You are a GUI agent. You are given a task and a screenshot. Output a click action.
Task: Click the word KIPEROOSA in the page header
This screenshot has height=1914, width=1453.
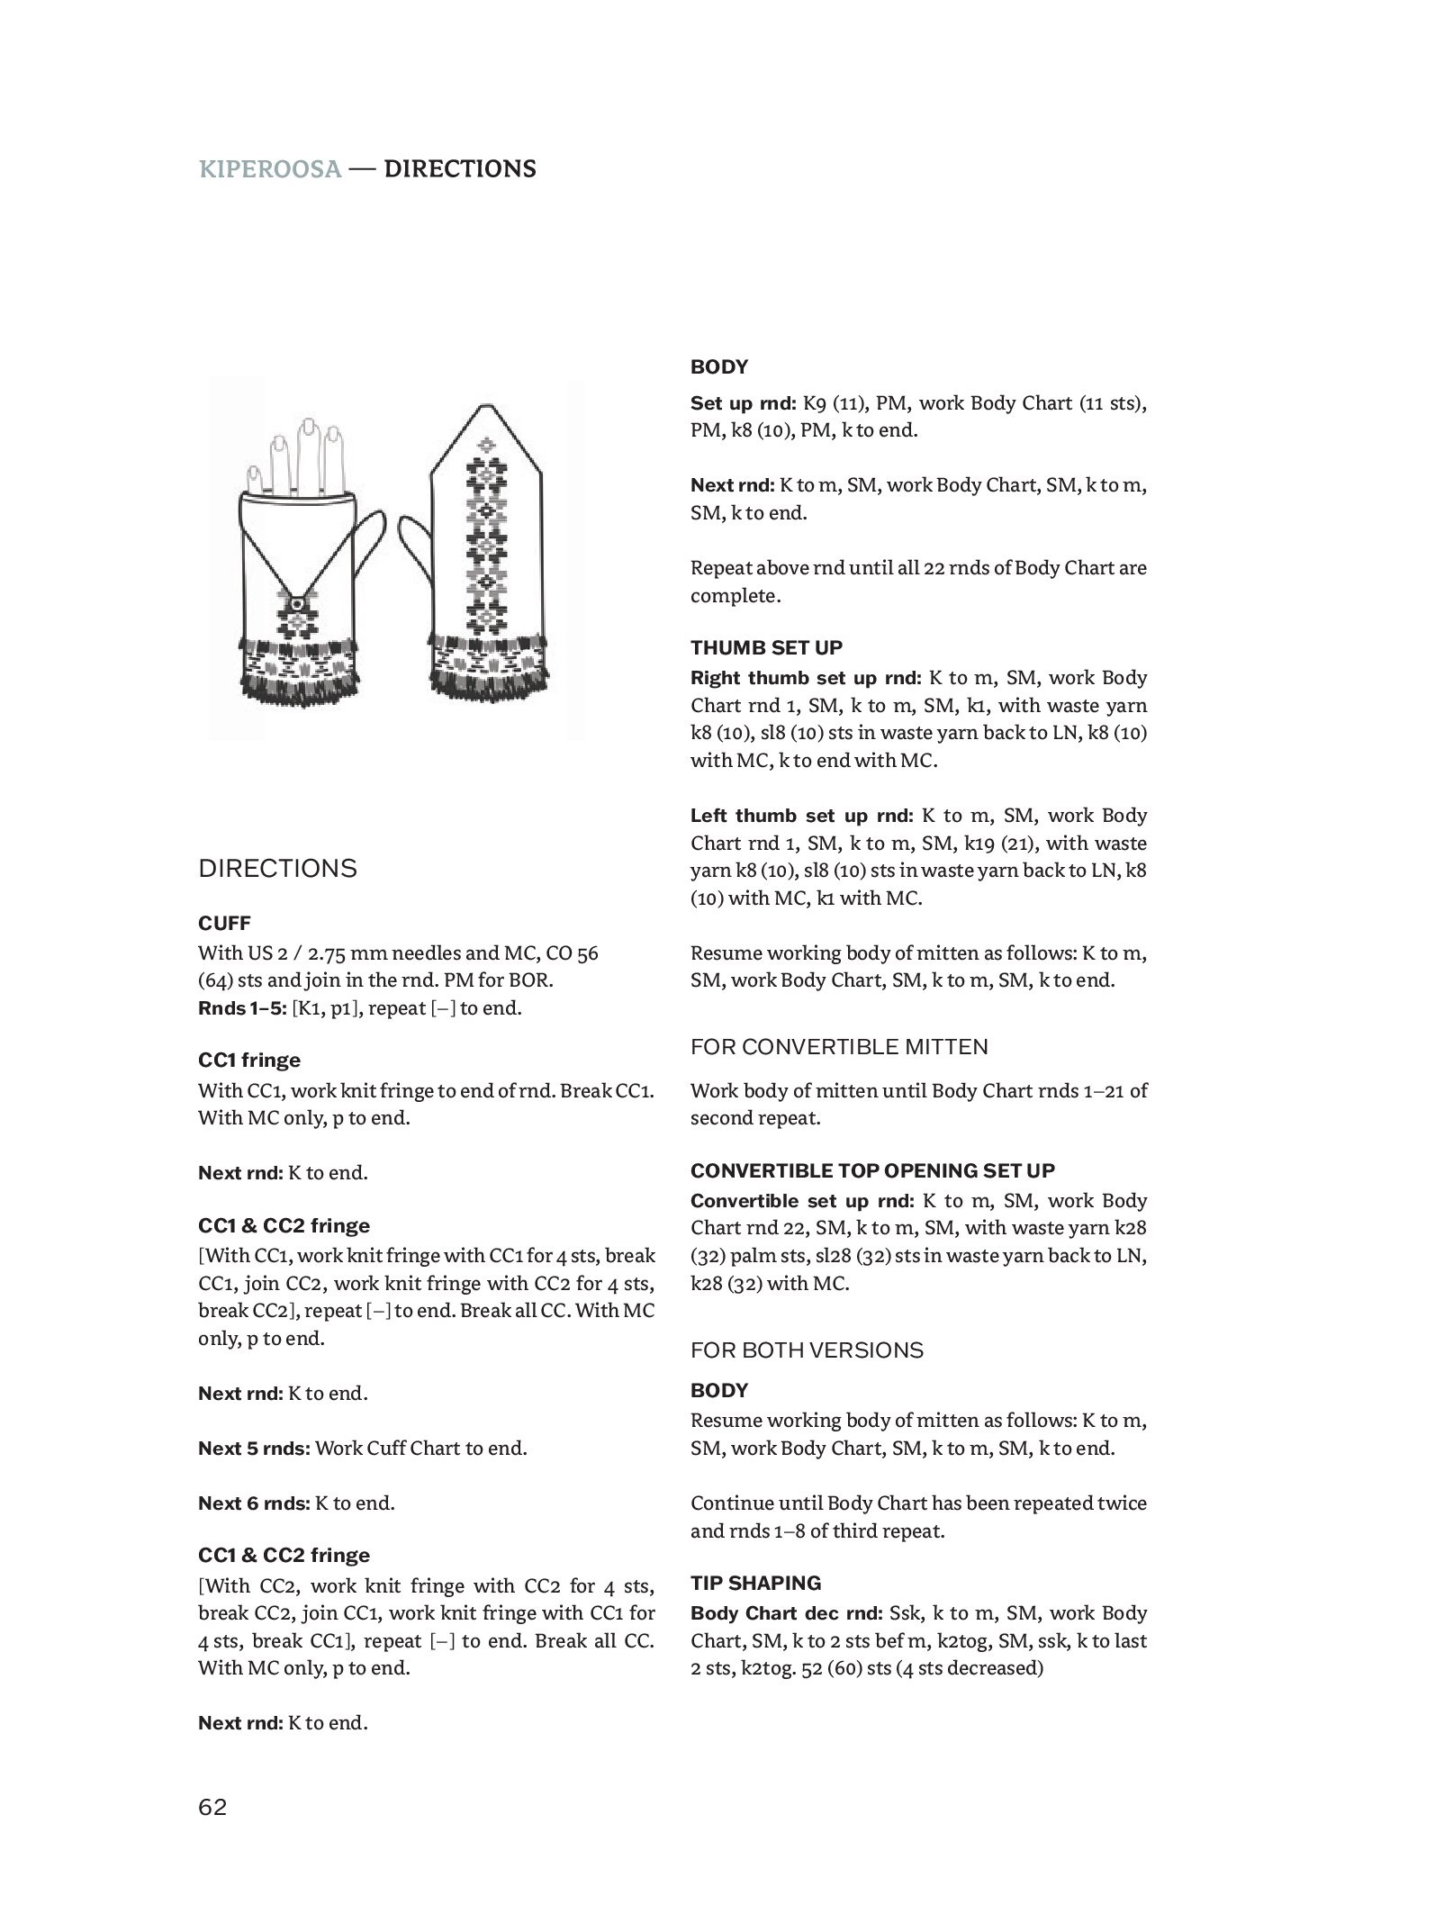pyautogui.click(x=270, y=169)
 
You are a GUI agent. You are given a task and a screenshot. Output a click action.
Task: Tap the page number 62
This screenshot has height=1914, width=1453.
pyautogui.click(x=213, y=1807)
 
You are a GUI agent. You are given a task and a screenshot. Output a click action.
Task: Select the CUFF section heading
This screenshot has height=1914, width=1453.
pyautogui.click(x=224, y=923)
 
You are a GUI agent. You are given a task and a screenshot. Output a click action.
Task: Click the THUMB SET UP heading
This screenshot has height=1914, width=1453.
pyautogui.click(x=766, y=647)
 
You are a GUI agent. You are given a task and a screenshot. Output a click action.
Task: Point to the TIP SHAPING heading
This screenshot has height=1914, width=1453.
pyautogui.click(x=755, y=1583)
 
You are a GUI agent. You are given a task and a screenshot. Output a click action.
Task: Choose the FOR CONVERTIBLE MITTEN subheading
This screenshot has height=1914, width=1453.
pyautogui.click(x=839, y=1046)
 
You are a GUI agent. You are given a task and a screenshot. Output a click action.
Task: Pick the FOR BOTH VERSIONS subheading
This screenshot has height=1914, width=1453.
pyautogui.click(x=807, y=1350)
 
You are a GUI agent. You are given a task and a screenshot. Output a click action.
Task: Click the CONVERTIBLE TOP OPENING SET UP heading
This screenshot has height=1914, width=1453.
pyautogui.click(x=872, y=1170)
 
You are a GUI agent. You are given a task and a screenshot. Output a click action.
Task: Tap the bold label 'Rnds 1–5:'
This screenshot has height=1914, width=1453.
pyautogui.click(x=242, y=1008)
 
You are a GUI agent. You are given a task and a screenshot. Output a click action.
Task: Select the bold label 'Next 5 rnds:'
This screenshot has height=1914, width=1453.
pyautogui.click(x=255, y=1449)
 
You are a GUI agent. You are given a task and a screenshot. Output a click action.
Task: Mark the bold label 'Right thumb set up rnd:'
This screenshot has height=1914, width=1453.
pyautogui.click(x=806, y=678)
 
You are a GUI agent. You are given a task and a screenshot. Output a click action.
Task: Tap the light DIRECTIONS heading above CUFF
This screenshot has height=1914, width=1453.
pyautogui.click(x=277, y=869)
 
